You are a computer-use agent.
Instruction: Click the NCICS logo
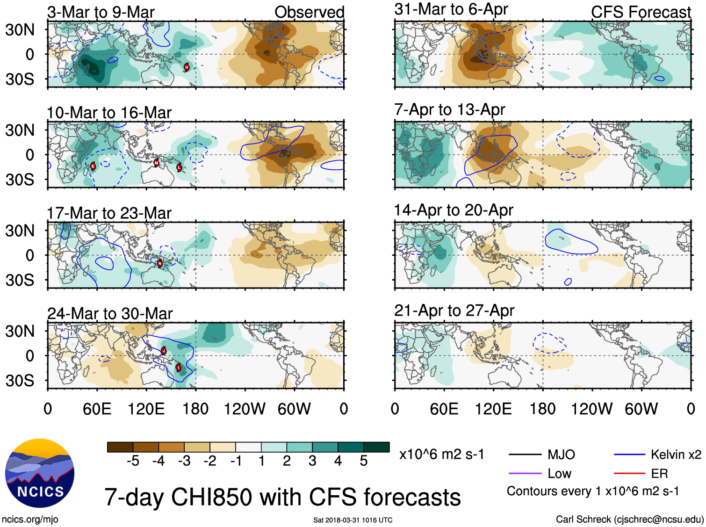point(40,473)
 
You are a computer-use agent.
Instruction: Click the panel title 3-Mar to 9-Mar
point(101,12)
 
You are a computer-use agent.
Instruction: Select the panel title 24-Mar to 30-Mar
point(110,313)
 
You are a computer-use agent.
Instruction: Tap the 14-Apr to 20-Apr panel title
point(454,210)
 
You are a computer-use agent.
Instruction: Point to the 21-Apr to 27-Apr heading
point(454,310)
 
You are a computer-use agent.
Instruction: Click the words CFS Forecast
point(641,12)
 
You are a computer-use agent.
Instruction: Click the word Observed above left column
point(309,12)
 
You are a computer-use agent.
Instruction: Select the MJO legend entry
point(561,455)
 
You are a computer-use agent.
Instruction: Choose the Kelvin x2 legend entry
point(676,455)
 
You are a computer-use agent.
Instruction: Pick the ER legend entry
point(659,474)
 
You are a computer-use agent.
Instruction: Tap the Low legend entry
point(559,474)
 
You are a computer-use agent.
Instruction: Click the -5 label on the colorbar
point(133,461)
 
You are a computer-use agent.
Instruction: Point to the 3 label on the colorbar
point(312,461)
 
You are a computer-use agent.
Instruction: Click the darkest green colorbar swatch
point(376,447)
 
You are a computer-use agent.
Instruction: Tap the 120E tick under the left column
point(146,409)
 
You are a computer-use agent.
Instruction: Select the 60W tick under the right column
point(641,409)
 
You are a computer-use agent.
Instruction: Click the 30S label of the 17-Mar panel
point(20,280)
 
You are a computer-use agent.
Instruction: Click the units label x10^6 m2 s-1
point(441,455)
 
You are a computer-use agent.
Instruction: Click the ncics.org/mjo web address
point(30,519)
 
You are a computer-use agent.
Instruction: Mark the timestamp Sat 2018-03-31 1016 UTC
point(353,520)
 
